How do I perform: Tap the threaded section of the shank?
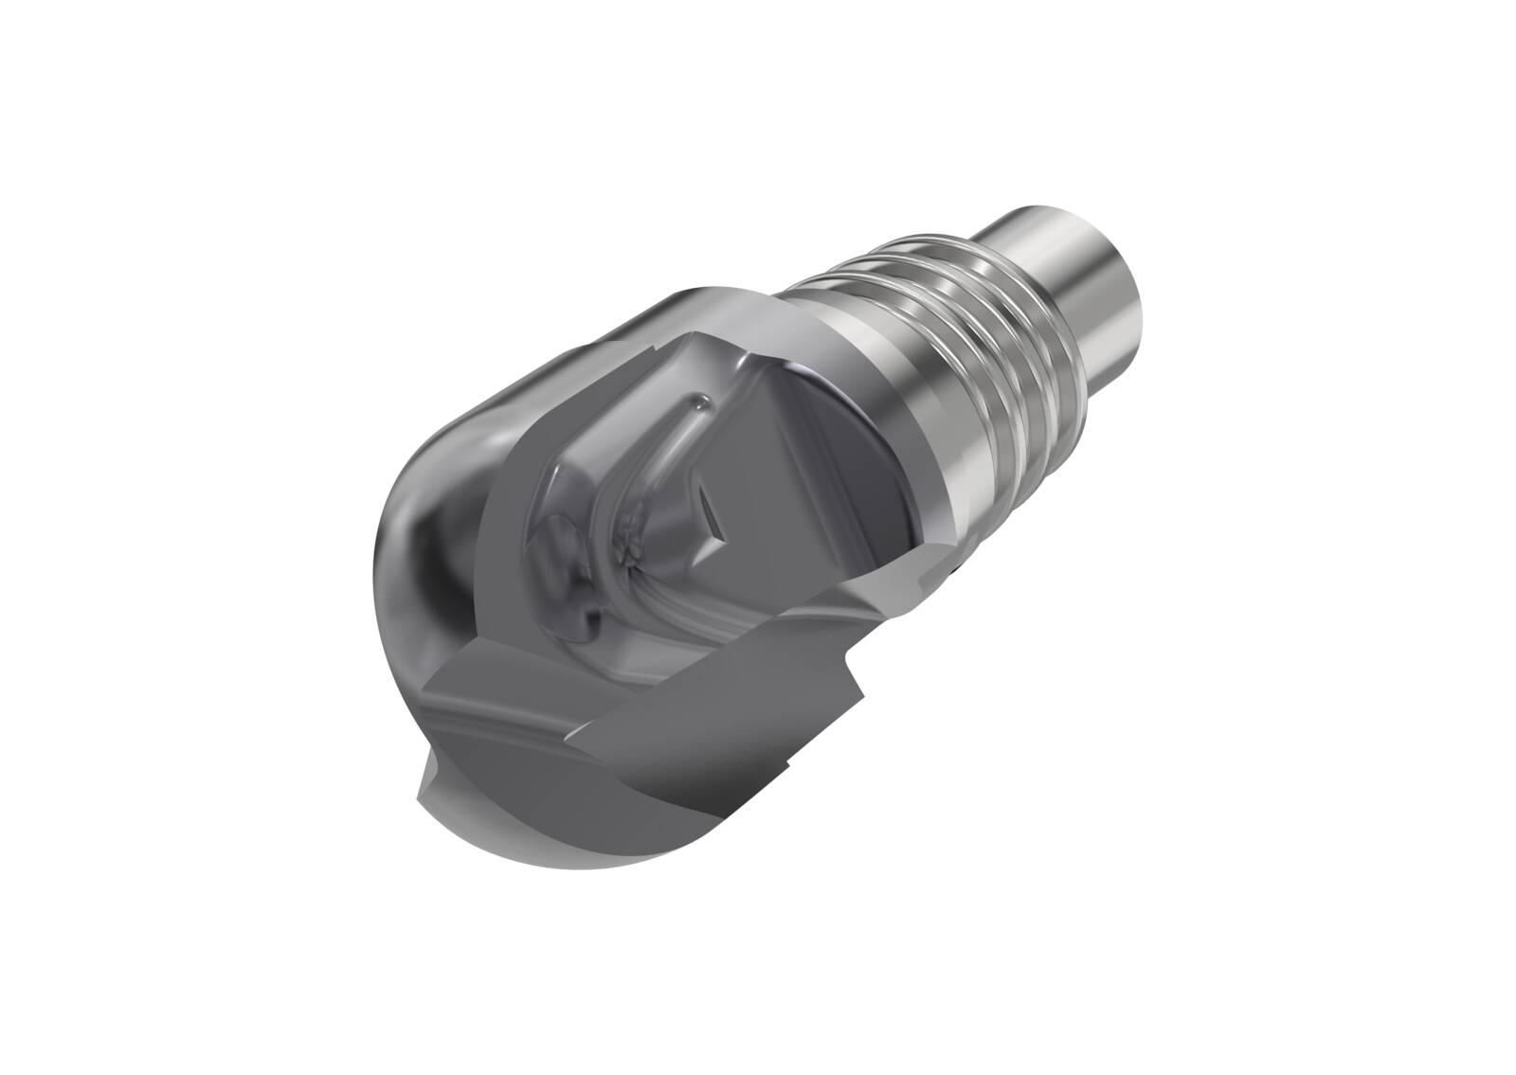[957, 313]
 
